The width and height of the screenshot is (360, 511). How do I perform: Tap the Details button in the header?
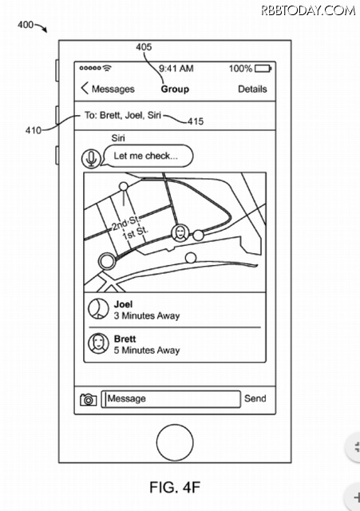pyautogui.click(x=252, y=89)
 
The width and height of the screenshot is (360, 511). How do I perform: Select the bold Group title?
pyautogui.click(x=175, y=89)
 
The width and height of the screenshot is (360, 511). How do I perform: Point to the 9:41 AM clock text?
pyautogui.click(x=176, y=69)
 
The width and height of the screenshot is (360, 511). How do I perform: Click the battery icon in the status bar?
pyautogui.click(x=263, y=69)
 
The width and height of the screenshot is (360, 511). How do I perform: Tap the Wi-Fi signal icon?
pyautogui.click(x=106, y=68)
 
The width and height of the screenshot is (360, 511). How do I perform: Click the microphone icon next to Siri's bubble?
pyautogui.click(x=91, y=158)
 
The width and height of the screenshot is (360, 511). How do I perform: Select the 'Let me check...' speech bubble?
pyautogui.click(x=148, y=156)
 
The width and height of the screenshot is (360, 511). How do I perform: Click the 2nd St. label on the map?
pyautogui.click(x=126, y=224)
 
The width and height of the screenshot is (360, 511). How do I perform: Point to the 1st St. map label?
pyautogui.click(x=135, y=233)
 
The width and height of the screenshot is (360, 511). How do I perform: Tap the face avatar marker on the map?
pyautogui.click(x=180, y=233)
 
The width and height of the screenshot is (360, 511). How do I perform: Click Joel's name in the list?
pyautogui.click(x=123, y=304)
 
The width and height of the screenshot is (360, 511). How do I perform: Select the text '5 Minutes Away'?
pyautogui.click(x=147, y=351)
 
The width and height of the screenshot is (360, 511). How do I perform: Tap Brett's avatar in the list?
pyautogui.click(x=98, y=343)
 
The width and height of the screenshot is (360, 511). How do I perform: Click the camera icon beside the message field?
pyautogui.click(x=89, y=399)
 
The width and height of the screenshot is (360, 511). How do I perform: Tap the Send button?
pyautogui.click(x=255, y=398)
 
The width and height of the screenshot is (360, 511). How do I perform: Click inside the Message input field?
pyautogui.click(x=171, y=399)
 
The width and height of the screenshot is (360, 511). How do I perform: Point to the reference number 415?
pyautogui.click(x=196, y=121)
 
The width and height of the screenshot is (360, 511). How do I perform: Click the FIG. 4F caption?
pyautogui.click(x=175, y=487)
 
